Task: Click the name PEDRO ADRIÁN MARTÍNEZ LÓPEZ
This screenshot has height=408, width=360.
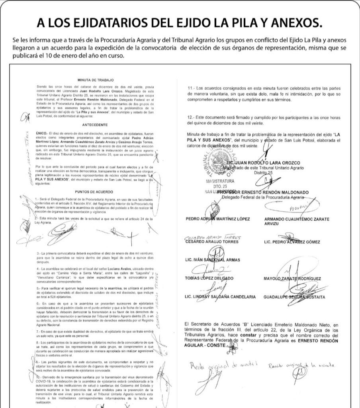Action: pyautogui.click(x=218, y=219)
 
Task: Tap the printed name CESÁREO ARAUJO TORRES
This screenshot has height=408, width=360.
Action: pyautogui.click(x=213, y=242)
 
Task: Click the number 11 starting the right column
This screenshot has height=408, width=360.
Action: pyautogui.click(x=190, y=88)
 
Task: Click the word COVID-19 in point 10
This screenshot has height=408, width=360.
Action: pyautogui.click(x=43, y=380)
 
